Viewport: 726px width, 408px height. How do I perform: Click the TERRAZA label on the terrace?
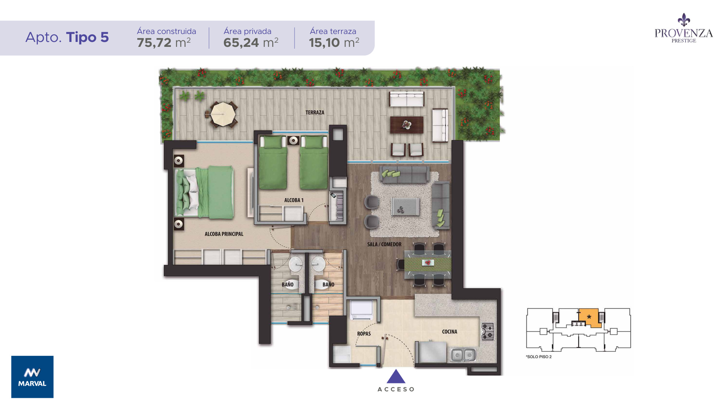click(x=315, y=113)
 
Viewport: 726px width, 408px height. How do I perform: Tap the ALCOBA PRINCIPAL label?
click(x=224, y=234)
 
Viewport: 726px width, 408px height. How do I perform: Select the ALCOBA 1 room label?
click(x=294, y=200)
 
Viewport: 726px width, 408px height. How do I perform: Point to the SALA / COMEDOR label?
click(x=384, y=244)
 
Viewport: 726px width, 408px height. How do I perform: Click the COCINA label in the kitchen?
click(x=450, y=332)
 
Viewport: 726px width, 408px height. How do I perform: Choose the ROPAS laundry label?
click(x=364, y=334)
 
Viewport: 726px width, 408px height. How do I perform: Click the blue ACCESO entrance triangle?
click(x=396, y=376)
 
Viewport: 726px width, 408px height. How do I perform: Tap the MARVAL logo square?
click(x=33, y=377)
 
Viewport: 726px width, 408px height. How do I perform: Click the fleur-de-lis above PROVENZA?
click(x=684, y=20)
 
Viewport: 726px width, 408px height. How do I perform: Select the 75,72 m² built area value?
click(x=164, y=43)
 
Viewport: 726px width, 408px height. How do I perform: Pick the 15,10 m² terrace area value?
click(x=334, y=43)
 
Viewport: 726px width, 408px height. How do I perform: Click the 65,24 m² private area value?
click(x=251, y=43)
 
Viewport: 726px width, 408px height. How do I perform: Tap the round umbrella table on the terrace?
click(x=223, y=114)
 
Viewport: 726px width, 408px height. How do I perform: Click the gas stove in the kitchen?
click(x=487, y=332)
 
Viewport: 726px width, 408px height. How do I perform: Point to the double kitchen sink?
click(x=463, y=355)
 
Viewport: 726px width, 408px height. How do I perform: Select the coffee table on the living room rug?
click(x=405, y=206)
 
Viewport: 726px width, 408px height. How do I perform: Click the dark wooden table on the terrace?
click(x=406, y=125)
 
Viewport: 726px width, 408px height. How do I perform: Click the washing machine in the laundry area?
click(x=361, y=310)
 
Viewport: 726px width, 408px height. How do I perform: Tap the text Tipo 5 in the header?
click(x=87, y=37)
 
